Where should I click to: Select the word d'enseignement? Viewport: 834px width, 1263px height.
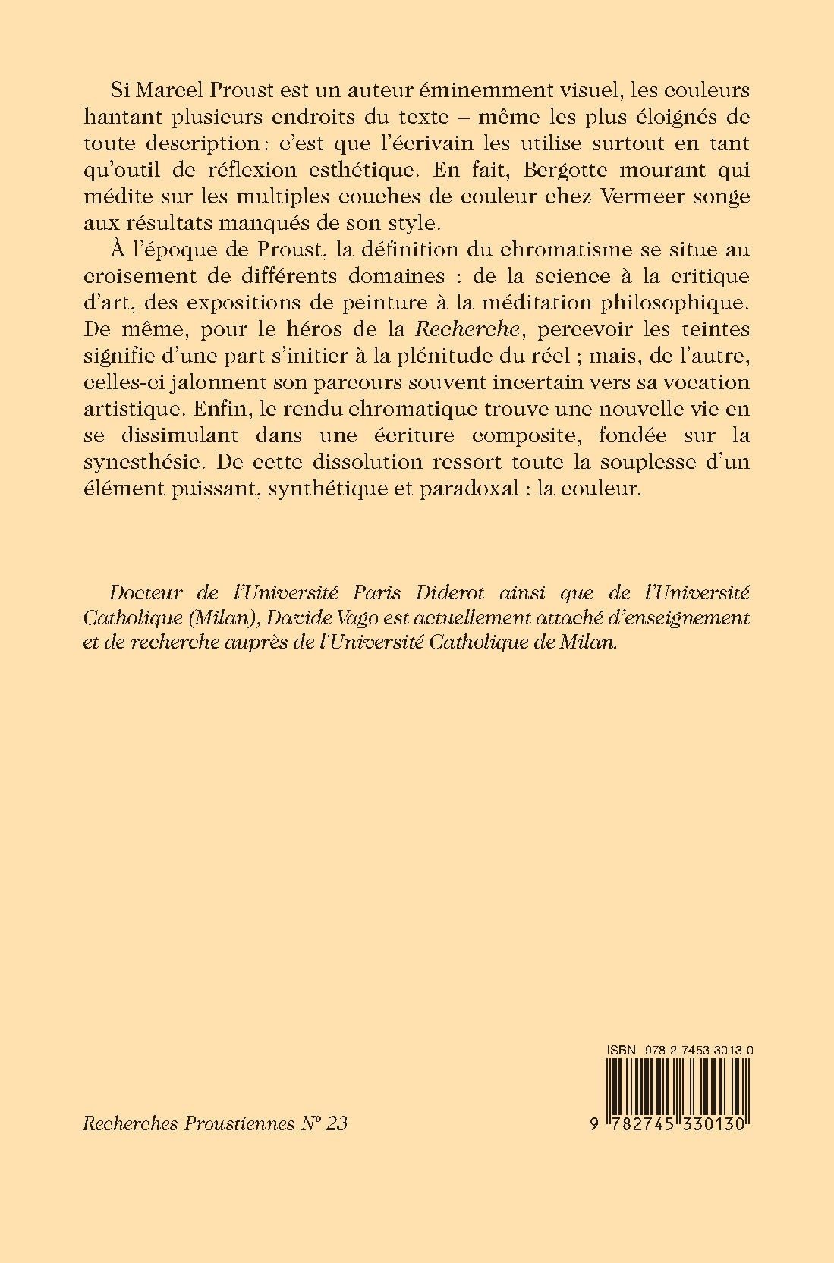pos(671,617)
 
